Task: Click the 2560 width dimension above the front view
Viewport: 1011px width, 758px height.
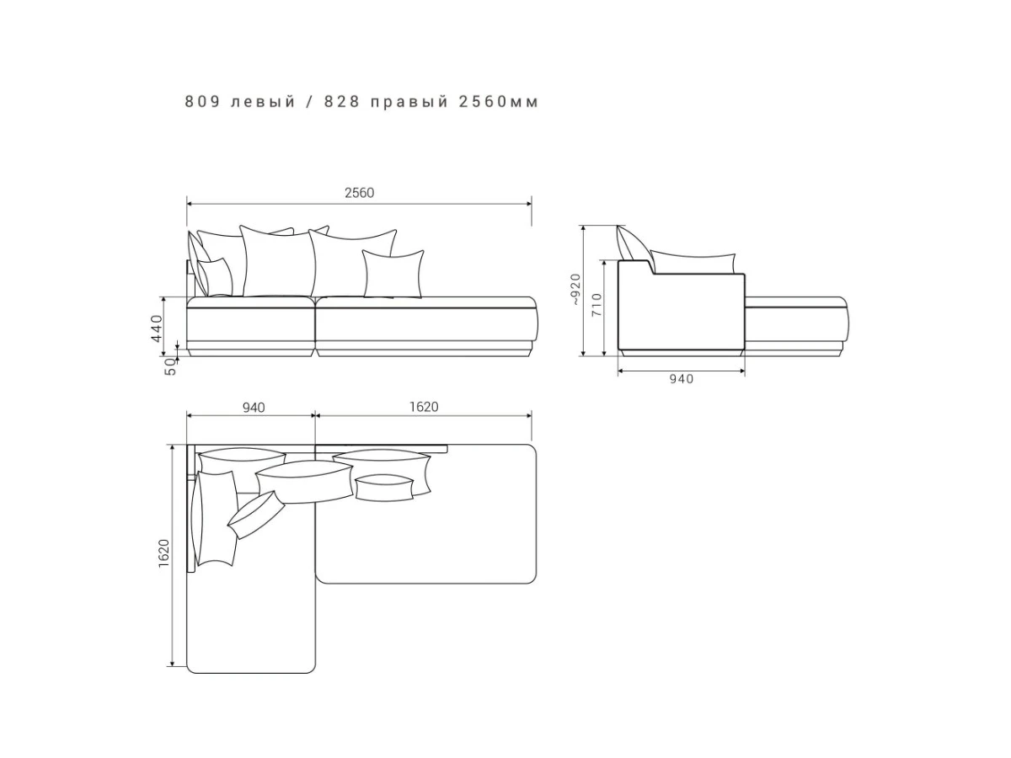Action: tap(359, 193)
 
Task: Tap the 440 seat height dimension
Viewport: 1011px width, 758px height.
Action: tap(157, 328)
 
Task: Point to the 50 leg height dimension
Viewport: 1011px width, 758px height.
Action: tap(170, 367)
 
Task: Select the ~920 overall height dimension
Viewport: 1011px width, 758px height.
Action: tap(575, 290)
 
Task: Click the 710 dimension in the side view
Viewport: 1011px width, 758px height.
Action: tap(596, 304)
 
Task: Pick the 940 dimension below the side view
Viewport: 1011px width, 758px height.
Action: tap(681, 379)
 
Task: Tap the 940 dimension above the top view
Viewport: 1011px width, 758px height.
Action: tap(254, 408)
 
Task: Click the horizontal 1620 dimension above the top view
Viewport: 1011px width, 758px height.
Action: tap(424, 407)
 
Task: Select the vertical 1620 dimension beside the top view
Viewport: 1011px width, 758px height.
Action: tap(163, 553)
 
